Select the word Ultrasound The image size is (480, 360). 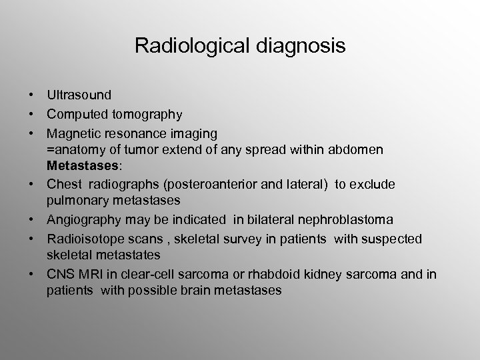(x=79, y=95)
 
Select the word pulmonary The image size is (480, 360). (x=72, y=201)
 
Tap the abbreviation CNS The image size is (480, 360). (x=60, y=273)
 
